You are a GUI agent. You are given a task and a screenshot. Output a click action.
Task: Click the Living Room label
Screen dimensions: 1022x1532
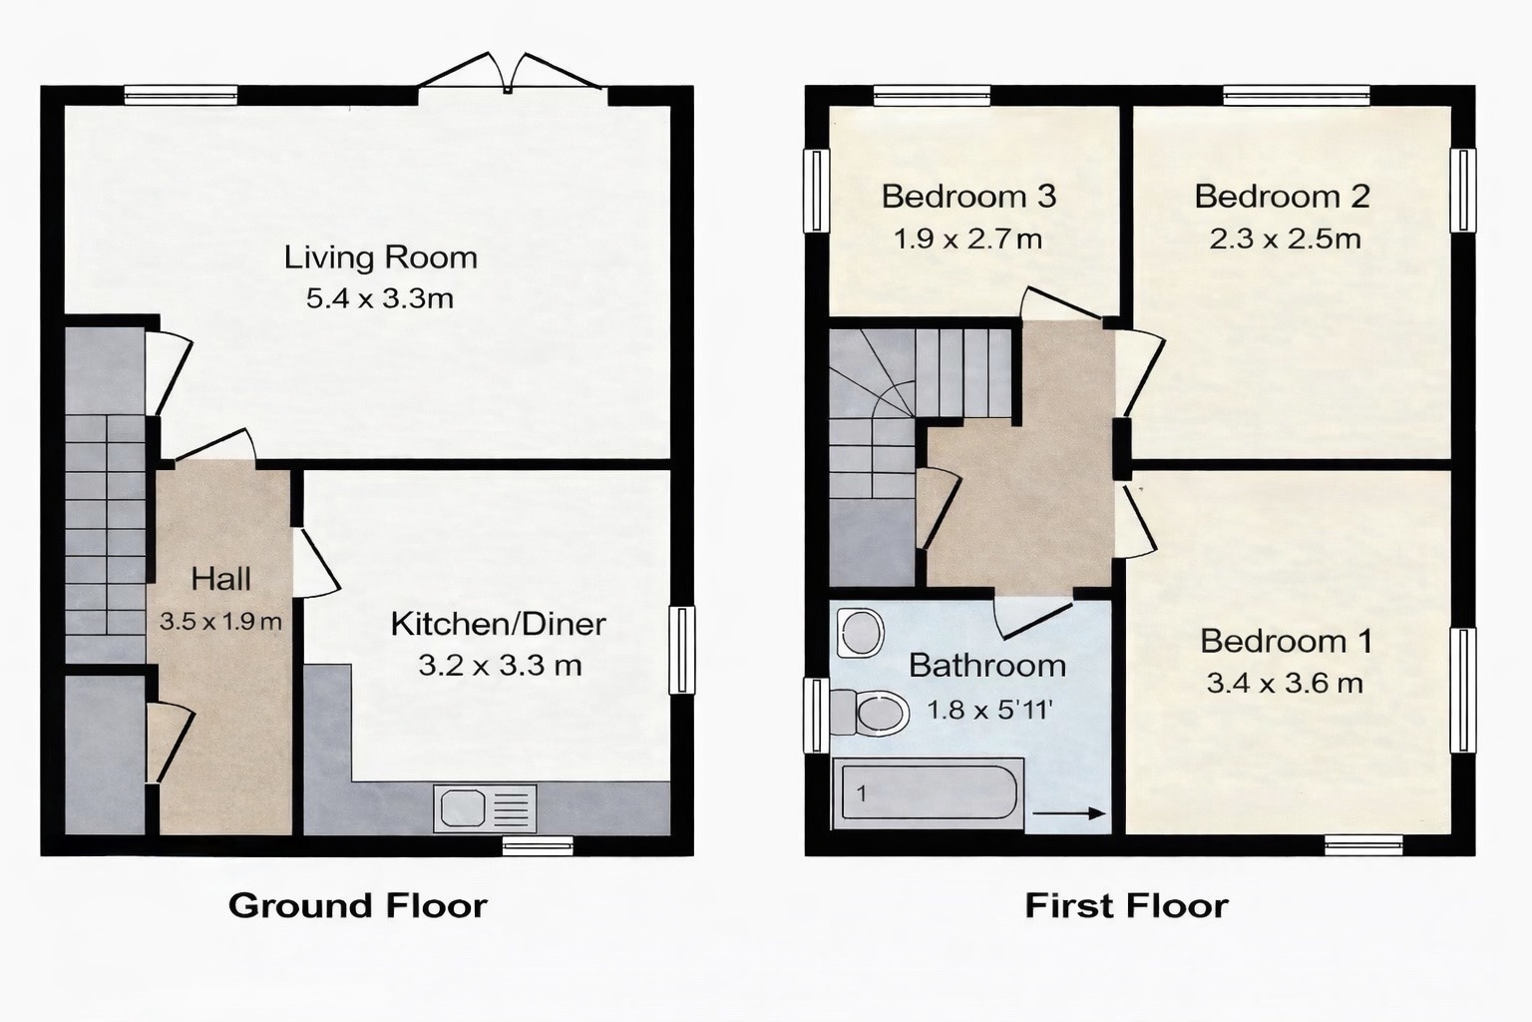coord(380,257)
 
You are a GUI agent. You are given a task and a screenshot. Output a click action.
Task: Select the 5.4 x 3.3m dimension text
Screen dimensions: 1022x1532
coord(380,298)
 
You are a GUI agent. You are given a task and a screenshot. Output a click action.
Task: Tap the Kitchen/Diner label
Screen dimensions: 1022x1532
coord(498,624)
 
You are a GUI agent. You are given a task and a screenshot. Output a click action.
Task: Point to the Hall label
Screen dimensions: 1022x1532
coord(220,579)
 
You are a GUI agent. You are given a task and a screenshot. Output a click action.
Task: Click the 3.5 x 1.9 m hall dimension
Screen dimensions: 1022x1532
coord(220,621)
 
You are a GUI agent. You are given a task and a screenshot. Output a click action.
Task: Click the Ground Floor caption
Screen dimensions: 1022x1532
coord(357,905)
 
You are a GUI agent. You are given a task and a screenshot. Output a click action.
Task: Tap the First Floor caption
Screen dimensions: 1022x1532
coord(1126,905)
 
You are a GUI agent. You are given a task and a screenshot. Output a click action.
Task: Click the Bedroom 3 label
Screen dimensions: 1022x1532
coord(968,197)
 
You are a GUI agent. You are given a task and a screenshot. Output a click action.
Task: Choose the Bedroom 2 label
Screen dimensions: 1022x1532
coord(1282,197)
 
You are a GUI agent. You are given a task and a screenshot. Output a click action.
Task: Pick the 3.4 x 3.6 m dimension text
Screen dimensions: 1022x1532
coord(1285,684)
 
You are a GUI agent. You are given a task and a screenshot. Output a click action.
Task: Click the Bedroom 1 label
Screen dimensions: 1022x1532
coord(1286,641)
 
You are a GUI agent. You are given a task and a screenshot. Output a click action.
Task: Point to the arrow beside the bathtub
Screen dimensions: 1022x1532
coord(1069,814)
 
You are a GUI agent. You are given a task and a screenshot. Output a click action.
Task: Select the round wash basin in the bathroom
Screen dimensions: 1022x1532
coord(860,632)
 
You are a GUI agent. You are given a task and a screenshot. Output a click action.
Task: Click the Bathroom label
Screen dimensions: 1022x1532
coord(986,666)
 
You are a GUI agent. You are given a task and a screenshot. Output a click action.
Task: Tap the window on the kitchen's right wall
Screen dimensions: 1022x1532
coord(682,650)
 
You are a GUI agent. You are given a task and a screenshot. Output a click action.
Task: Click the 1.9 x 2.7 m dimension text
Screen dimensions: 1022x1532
coord(967,240)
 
